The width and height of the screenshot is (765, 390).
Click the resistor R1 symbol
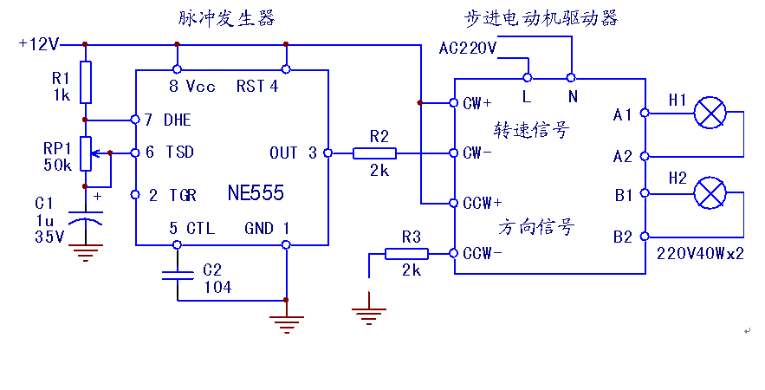click(x=85, y=82)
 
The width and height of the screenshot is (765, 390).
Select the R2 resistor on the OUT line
click(x=374, y=153)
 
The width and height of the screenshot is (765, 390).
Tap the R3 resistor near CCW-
click(x=406, y=254)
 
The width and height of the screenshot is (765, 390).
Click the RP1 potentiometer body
click(x=85, y=153)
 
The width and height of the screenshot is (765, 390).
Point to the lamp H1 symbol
click(x=711, y=113)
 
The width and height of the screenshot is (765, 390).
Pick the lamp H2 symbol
click(x=711, y=192)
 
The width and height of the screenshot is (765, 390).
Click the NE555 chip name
click(x=256, y=193)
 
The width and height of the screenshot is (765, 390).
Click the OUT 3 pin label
click(x=294, y=153)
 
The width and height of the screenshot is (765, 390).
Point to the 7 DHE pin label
click(x=168, y=119)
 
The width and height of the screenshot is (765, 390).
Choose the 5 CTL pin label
click(x=191, y=228)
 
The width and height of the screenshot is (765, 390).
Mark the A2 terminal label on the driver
click(x=623, y=156)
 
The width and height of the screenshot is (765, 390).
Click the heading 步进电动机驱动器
click(x=542, y=17)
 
